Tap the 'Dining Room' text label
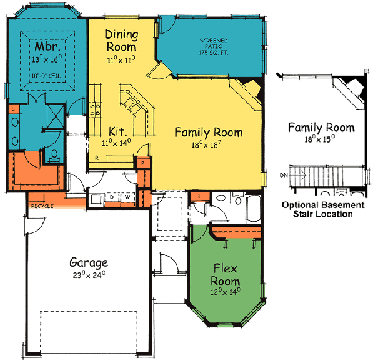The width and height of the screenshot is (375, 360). pos(121,39)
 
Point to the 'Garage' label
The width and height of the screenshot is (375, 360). pos(88,262)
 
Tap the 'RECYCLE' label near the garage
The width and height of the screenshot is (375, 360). pos(42,206)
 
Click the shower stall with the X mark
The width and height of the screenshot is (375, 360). pos(53,117)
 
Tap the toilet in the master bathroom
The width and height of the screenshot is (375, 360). pos(55,154)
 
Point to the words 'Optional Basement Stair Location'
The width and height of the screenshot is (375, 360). pos(322,209)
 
